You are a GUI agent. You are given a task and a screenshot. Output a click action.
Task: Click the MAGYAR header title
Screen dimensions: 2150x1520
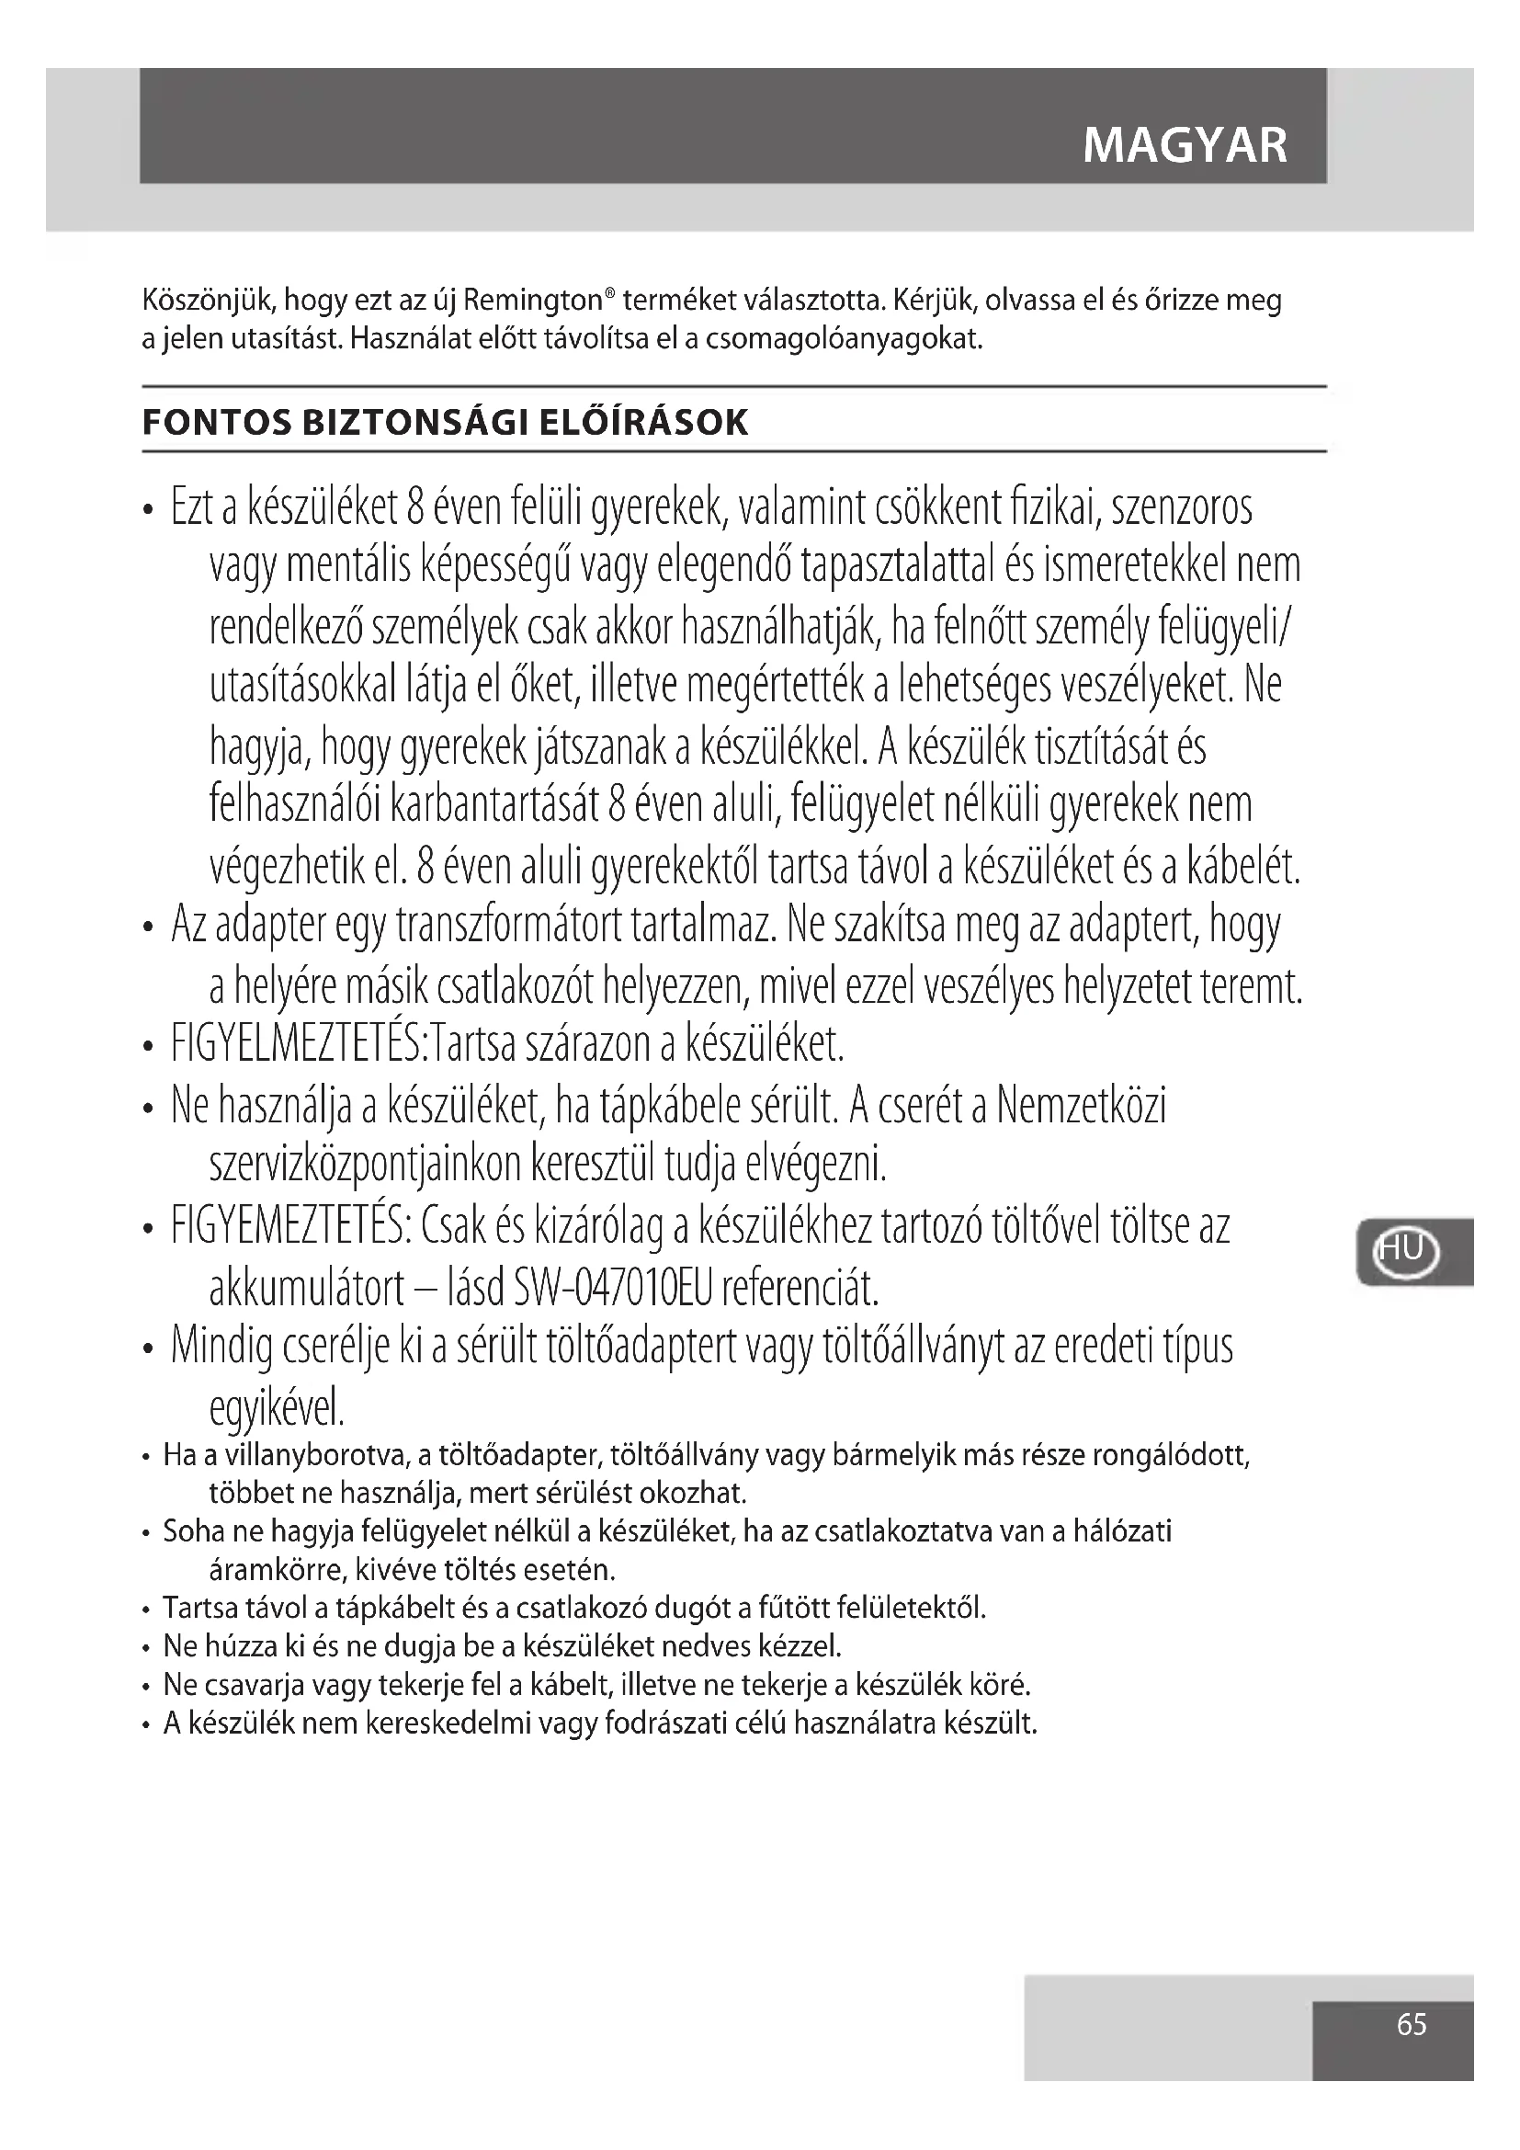pos(1185,146)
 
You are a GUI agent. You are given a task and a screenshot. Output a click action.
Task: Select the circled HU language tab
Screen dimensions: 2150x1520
pos(1405,1250)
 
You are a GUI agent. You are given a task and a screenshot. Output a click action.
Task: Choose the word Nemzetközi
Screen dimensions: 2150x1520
pos(1081,1106)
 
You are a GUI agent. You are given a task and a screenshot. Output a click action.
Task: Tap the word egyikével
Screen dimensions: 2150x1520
pos(276,1407)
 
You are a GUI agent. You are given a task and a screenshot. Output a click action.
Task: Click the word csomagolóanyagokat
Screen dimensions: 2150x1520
pos(844,339)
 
